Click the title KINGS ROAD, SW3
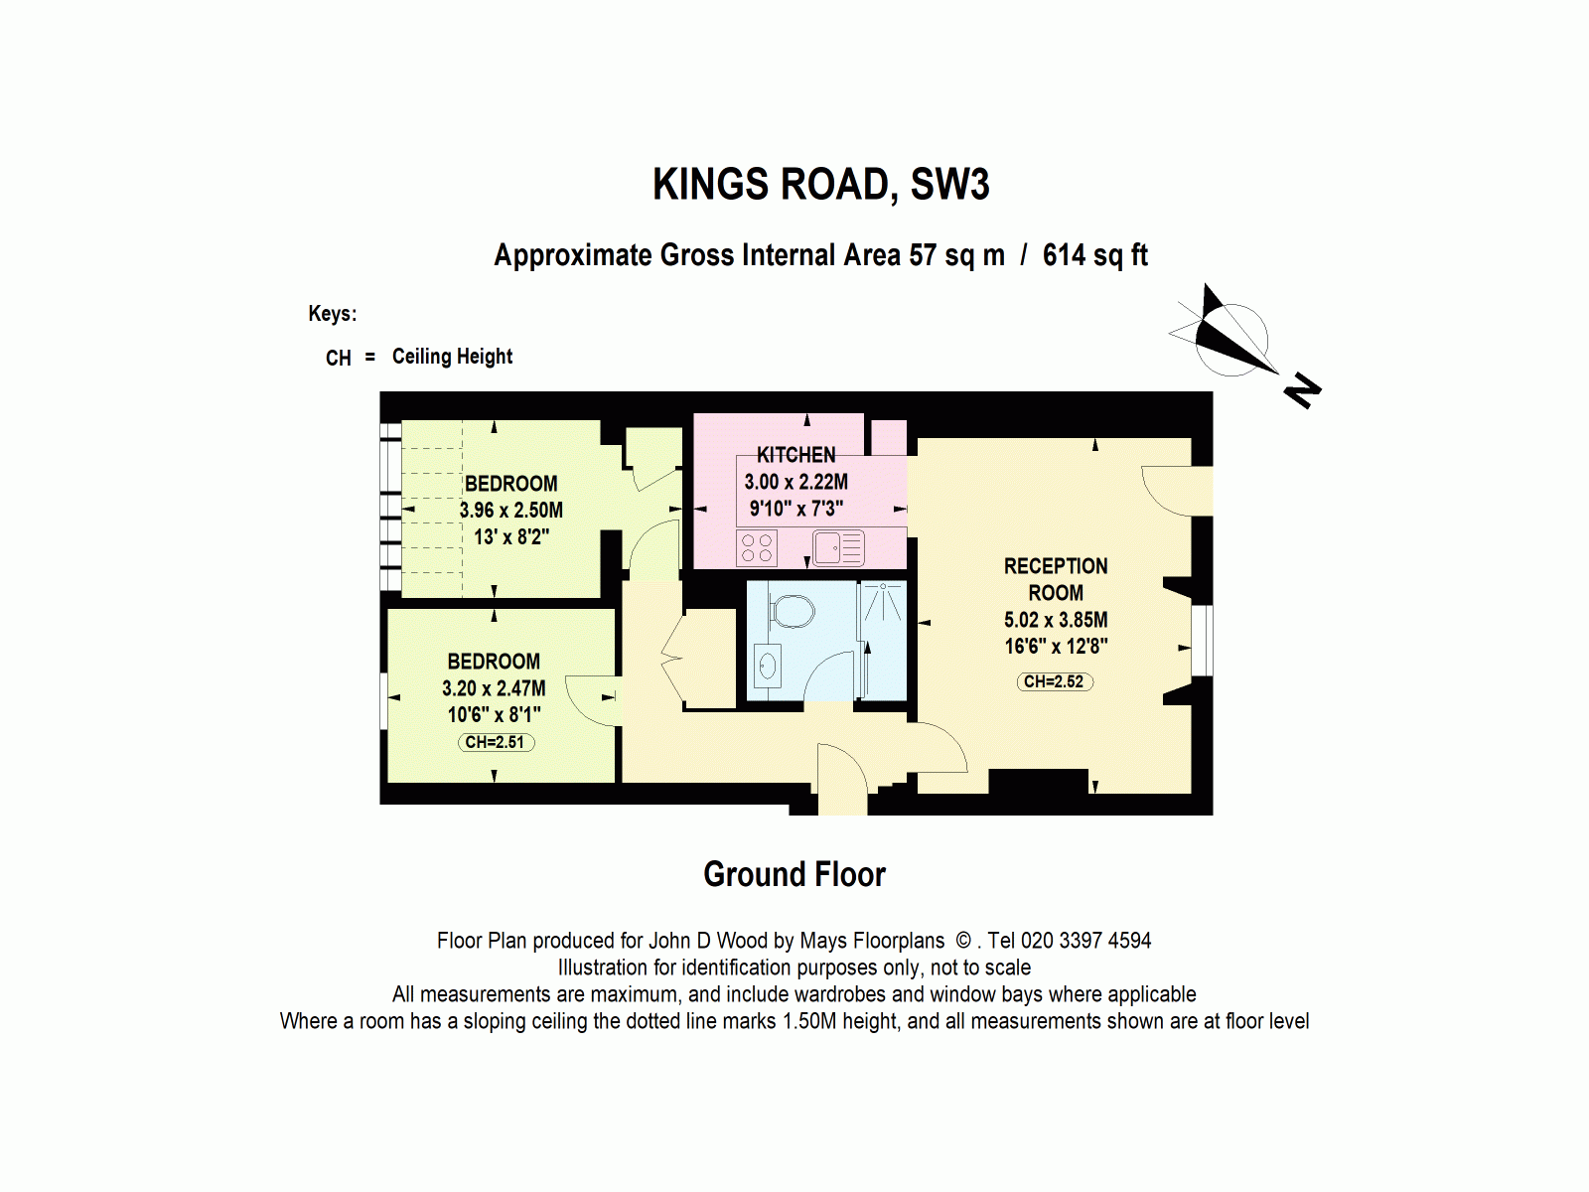tap(820, 186)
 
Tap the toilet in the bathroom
tap(792, 610)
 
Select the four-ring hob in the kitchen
tap(757, 548)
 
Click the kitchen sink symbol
tap(838, 548)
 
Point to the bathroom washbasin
tap(768, 666)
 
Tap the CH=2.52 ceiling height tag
tap(1054, 681)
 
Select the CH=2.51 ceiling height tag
tap(495, 742)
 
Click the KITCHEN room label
tap(795, 455)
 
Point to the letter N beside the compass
tap(1302, 390)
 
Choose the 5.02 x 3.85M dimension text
tap(1055, 620)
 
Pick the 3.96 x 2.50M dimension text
tap(510, 511)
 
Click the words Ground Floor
tap(794, 874)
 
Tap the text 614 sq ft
tap(1094, 255)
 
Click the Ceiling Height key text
tap(452, 357)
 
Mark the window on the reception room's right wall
tap(1202, 641)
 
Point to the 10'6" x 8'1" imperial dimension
tap(494, 714)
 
